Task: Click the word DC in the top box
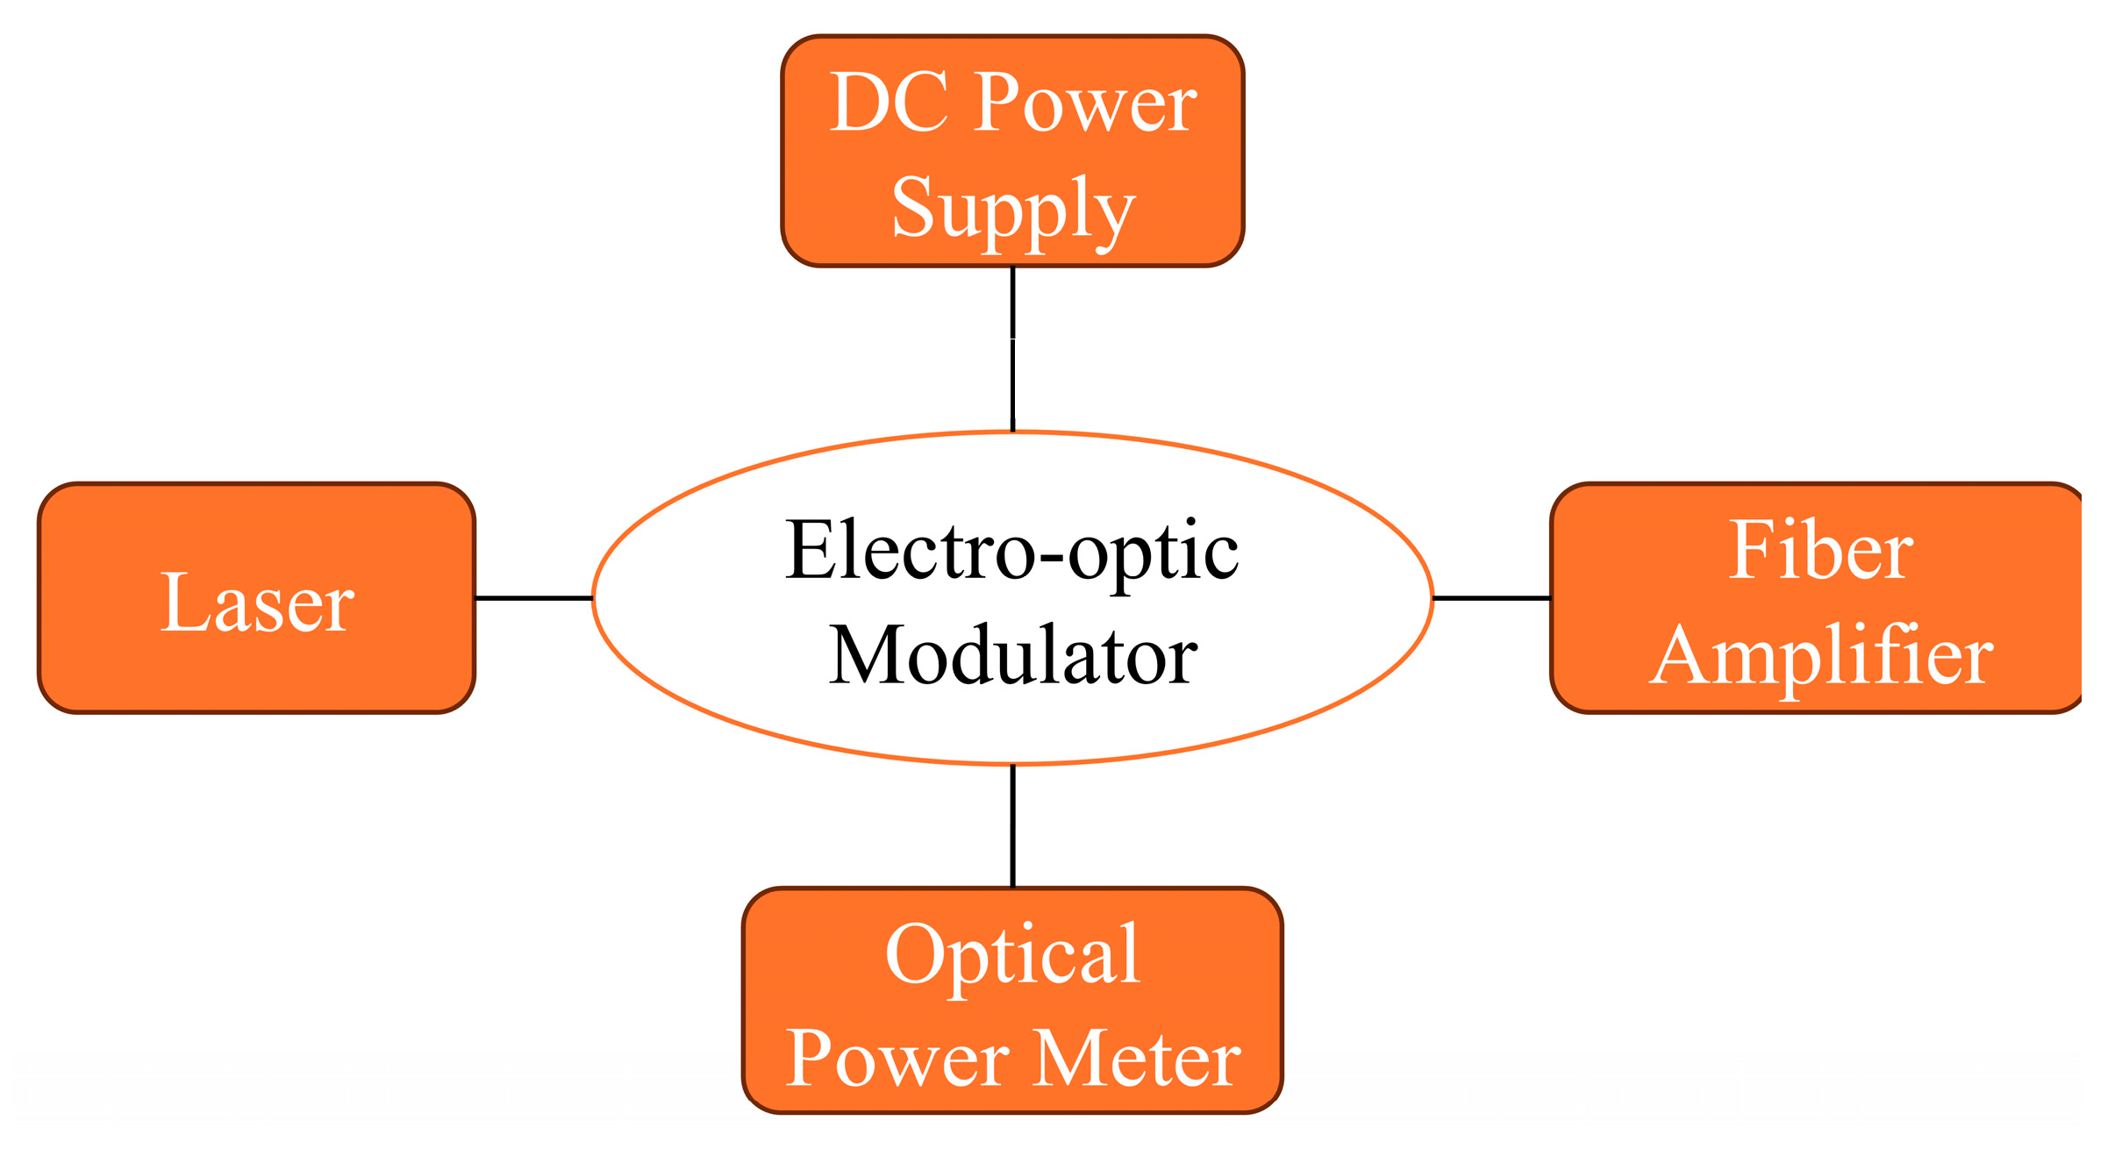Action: [889, 103]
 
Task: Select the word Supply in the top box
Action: [1013, 210]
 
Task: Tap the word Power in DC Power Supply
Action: [1085, 103]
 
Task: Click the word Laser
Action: [256, 603]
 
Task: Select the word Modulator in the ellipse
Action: [1013, 656]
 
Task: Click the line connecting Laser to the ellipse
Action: [533, 598]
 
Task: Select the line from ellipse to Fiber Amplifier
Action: [1491, 598]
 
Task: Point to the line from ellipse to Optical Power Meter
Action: [1013, 825]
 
